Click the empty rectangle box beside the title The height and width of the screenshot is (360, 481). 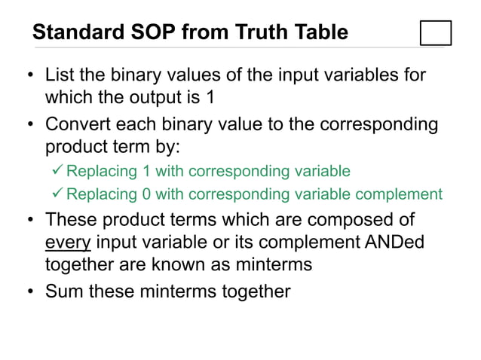(x=436, y=32)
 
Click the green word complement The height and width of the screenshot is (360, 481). (x=401, y=194)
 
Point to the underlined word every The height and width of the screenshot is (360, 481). (x=68, y=243)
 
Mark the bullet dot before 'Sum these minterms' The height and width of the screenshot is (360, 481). (x=29, y=291)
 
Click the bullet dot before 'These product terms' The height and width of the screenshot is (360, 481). (x=29, y=221)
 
